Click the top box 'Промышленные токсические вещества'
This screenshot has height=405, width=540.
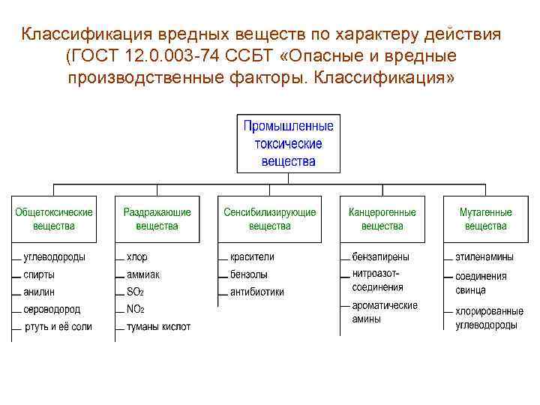coord(289,142)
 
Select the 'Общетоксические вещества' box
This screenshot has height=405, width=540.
coord(54,219)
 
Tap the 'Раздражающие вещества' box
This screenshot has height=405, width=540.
coord(157,219)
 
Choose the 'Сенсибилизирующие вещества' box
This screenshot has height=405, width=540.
coord(270,219)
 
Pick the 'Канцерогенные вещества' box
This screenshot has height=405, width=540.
coord(382,219)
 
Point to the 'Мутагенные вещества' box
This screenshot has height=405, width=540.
coord(485,219)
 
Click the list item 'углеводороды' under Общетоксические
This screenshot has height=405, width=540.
coord(54,256)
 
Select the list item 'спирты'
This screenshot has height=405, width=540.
coord(39,274)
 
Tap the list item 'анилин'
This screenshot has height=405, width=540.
coord(39,292)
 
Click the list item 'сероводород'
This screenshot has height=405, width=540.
coord(52,309)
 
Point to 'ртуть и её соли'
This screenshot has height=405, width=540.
coord(58,327)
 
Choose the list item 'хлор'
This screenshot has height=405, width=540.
coord(137,256)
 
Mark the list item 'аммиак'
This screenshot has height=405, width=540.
coord(143,274)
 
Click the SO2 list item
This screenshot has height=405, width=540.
coord(136,292)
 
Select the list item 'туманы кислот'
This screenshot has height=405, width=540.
coord(158,327)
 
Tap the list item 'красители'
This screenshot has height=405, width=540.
coord(253,256)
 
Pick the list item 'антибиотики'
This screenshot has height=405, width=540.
coord(257,292)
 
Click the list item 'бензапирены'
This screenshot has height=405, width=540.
coord(380,256)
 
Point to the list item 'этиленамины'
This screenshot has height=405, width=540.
coord(485,256)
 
